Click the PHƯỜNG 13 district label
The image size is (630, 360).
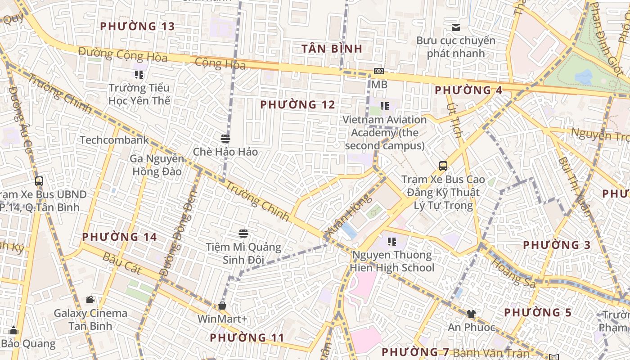pyautogui.click(x=137, y=27)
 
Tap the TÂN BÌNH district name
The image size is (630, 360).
pyautogui.click(x=332, y=49)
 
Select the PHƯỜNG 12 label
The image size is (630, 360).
pyautogui.click(x=297, y=105)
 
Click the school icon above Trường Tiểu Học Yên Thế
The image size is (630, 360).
pyautogui.click(x=139, y=74)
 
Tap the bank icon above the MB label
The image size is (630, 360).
pyautogui.click(x=379, y=71)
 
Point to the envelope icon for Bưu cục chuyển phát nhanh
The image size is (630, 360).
pyautogui.click(x=456, y=27)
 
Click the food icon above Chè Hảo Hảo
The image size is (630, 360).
pyautogui.click(x=225, y=138)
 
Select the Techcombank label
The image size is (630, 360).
pyautogui.click(x=114, y=140)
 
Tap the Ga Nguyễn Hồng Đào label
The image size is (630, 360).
pyautogui.click(x=157, y=165)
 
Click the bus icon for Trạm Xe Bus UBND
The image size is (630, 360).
pyautogui.click(x=39, y=181)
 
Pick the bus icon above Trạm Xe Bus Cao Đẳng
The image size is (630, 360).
pyautogui.click(x=443, y=166)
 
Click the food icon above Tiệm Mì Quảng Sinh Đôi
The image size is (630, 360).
pyautogui.click(x=243, y=233)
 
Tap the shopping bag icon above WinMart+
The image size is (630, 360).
pyautogui.click(x=222, y=306)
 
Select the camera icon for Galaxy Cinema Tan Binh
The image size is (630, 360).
pyautogui.click(x=90, y=299)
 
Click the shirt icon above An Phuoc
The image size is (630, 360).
pyautogui.click(x=471, y=314)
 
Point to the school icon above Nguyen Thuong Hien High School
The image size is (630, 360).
pyautogui.click(x=392, y=242)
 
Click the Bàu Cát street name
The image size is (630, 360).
pyautogui.click(x=122, y=264)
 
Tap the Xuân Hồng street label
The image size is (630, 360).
pyautogui.click(x=348, y=216)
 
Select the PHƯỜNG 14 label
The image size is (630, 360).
pyautogui.click(x=119, y=237)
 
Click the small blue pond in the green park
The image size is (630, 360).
pyautogui.click(x=584, y=77)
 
